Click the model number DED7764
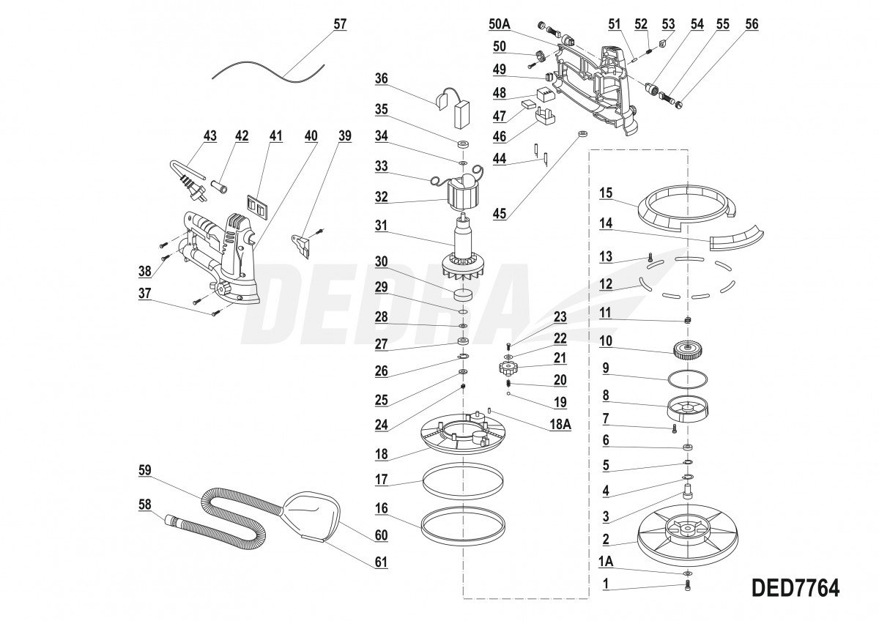795,587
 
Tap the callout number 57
340,24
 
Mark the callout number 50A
500,24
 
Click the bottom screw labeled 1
687,586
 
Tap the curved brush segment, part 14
736,240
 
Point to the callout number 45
499,213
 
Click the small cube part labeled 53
664,44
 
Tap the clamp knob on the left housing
223,289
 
